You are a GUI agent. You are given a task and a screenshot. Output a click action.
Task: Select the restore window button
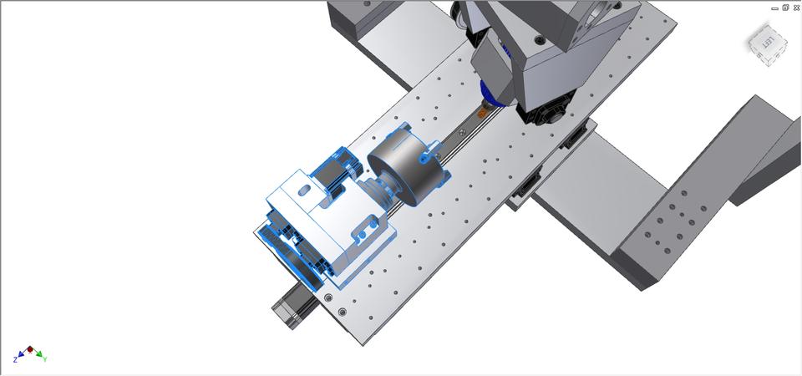(x=786, y=8)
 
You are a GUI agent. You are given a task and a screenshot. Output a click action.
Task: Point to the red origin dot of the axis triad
(x=30, y=349)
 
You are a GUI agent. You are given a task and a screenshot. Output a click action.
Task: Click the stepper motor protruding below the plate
(x=292, y=301)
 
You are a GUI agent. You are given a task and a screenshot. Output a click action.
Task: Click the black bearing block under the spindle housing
(x=547, y=113)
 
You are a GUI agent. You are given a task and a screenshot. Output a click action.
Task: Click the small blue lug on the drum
(x=426, y=154)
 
